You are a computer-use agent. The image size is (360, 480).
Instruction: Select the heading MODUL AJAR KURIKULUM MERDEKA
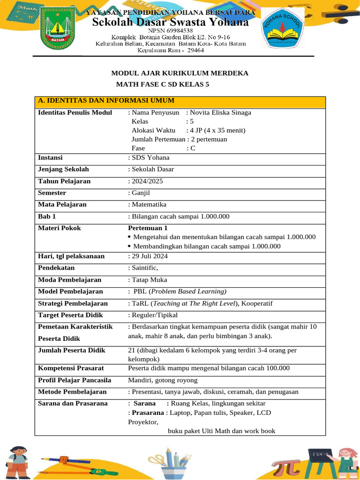tap(179, 73)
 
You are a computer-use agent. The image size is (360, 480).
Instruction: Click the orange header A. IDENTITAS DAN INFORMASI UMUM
tap(106, 100)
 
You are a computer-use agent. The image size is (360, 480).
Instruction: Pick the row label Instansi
tap(50, 158)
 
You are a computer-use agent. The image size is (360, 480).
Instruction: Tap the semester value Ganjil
tap(140, 193)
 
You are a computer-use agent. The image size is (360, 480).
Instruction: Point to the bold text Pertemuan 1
tap(148, 228)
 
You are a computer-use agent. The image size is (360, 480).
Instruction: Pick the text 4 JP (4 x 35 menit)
tap(216, 130)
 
